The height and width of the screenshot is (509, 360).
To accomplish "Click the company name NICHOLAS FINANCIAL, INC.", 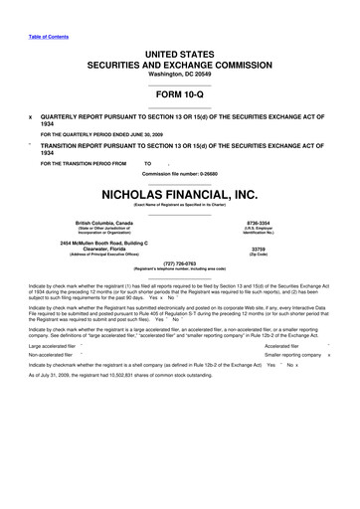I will (179, 195).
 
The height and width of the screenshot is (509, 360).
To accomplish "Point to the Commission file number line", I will (179, 175).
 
